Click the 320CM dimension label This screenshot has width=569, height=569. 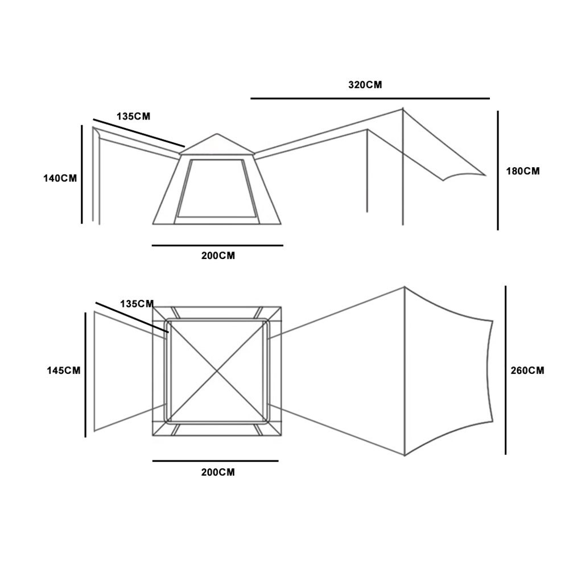tap(365, 85)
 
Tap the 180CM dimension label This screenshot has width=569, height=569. tap(523, 171)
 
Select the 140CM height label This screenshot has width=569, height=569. tap(60, 178)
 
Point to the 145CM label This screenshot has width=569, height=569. tap(63, 370)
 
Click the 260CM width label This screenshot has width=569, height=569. tap(527, 370)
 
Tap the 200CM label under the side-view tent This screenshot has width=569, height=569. tap(218, 256)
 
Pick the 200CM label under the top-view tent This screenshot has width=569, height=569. tap(218, 472)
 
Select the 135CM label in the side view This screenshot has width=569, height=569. tap(134, 116)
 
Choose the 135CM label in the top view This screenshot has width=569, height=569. tap(137, 304)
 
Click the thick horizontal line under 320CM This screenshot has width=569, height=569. tap(370, 98)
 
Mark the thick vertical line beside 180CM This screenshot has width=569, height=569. tap(498, 171)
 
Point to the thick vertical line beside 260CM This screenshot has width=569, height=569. tap(505, 370)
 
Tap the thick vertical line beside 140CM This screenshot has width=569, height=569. tap(82, 175)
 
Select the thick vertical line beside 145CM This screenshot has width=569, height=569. tap(85, 374)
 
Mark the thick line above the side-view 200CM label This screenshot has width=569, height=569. tap(217, 246)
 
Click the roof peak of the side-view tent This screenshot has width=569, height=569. tap(217, 134)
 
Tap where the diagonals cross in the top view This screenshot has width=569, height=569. tap(217, 370)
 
